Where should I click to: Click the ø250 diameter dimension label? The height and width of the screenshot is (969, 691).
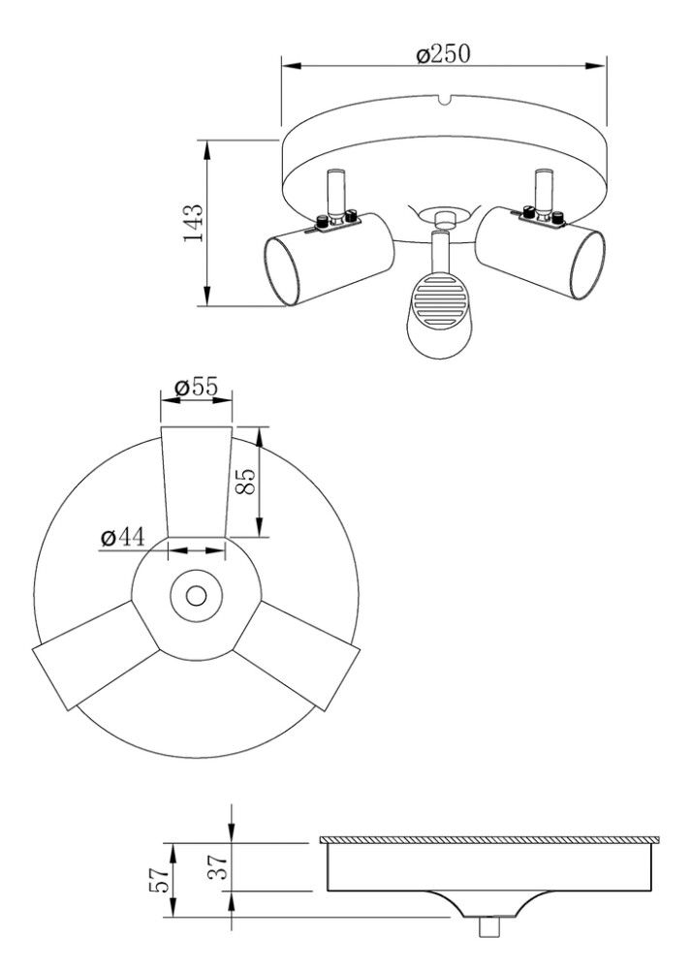(x=443, y=53)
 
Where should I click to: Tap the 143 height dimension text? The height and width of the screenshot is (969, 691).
(x=193, y=223)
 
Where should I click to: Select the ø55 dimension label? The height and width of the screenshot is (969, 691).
(x=197, y=387)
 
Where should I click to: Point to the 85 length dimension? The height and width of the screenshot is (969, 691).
(x=245, y=482)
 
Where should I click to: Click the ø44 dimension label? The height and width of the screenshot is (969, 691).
(x=123, y=537)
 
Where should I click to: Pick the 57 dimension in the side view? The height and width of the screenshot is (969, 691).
(x=159, y=879)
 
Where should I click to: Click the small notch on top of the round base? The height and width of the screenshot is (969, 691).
(x=443, y=100)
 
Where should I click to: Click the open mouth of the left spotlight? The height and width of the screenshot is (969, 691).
(x=282, y=271)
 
